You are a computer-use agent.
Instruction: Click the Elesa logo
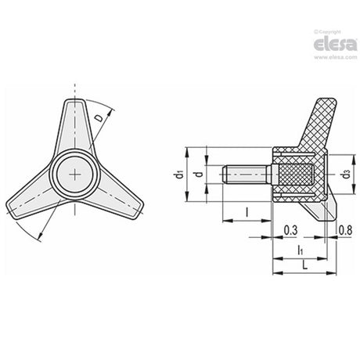click(335, 44)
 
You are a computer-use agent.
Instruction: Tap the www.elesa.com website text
click(335, 57)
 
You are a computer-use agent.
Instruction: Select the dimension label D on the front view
click(99, 118)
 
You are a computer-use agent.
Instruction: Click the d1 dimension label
click(178, 175)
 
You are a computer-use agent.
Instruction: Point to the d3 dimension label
click(346, 175)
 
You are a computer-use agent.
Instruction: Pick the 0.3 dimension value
click(290, 230)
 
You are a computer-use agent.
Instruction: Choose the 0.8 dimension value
click(345, 230)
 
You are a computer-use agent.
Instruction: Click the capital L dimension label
click(304, 265)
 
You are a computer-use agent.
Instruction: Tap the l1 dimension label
click(301, 250)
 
